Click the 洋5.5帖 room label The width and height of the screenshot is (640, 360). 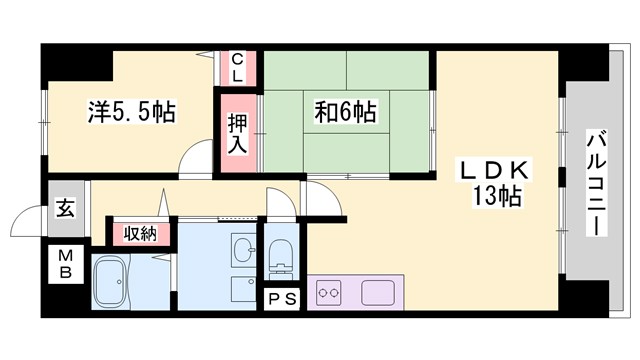click(129, 112)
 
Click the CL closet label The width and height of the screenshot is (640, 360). click(238, 68)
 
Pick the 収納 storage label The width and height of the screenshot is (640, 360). click(140, 233)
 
